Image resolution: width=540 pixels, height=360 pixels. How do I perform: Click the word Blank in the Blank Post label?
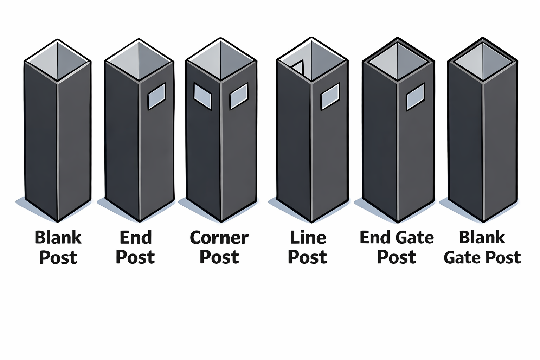[x=58, y=238]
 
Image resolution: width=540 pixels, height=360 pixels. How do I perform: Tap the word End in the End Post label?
[x=136, y=238]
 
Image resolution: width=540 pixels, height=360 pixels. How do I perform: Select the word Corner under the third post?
[x=219, y=238]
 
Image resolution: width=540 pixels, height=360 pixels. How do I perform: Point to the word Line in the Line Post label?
[x=308, y=238]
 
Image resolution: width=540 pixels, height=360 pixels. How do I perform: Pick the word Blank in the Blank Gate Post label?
[x=482, y=238]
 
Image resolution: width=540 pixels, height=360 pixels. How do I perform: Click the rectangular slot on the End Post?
[x=156, y=96]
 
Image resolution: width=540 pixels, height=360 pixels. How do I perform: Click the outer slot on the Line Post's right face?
[x=330, y=96]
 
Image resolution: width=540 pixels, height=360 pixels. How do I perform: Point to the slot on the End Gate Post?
[x=416, y=97]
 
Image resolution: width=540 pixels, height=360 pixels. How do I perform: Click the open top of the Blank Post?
[x=58, y=60]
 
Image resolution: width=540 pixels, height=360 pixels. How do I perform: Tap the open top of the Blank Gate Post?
[x=483, y=60]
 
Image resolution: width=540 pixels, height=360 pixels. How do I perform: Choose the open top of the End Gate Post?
[x=398, y=60]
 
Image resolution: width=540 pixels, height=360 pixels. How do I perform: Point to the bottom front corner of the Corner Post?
[x=221, y=221]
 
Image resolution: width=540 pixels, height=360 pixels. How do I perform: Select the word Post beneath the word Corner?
[x=219, y=258]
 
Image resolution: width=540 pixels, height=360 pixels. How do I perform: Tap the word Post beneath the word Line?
[x=307, y=258]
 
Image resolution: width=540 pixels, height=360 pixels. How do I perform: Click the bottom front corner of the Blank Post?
[x=58, y=221]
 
